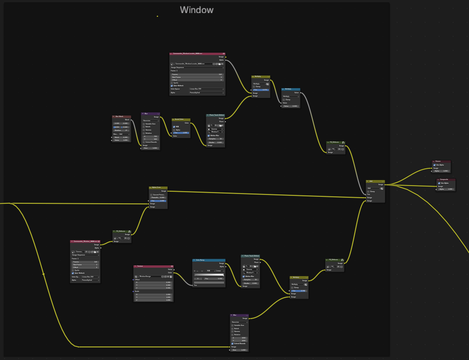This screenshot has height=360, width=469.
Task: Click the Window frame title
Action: click(x=196, y=10)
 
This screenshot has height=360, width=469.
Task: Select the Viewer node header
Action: click(x=441, y=161)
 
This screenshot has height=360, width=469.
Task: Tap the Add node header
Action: click(x=375, y=181)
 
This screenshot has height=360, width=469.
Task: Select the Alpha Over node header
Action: click(x=158, y=187)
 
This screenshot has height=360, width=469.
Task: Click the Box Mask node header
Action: click(x=121, y=117)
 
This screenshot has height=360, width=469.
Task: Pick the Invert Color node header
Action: click(x=181, y=120)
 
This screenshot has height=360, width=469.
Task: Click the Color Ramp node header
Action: click(x=209, y=260)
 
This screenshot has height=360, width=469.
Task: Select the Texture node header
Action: click(x=153, y=266)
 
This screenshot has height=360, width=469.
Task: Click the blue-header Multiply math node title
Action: click(x=291, y=89)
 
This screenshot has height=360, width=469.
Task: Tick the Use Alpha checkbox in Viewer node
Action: click(x=434, y=165)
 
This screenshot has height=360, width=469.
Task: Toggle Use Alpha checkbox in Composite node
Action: click(x=439, y=183)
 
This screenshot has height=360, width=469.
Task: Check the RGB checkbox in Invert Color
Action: click(x=174, y=126)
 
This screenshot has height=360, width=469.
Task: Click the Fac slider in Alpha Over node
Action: click(x=158, y=201)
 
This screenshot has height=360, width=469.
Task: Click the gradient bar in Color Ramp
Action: click(x=209, y=275)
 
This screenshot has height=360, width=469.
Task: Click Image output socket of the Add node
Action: click(x=385, y=185)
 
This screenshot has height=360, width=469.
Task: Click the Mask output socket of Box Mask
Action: click(x=131, y=120)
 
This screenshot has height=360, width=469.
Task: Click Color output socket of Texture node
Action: click(x=174, y=272)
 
